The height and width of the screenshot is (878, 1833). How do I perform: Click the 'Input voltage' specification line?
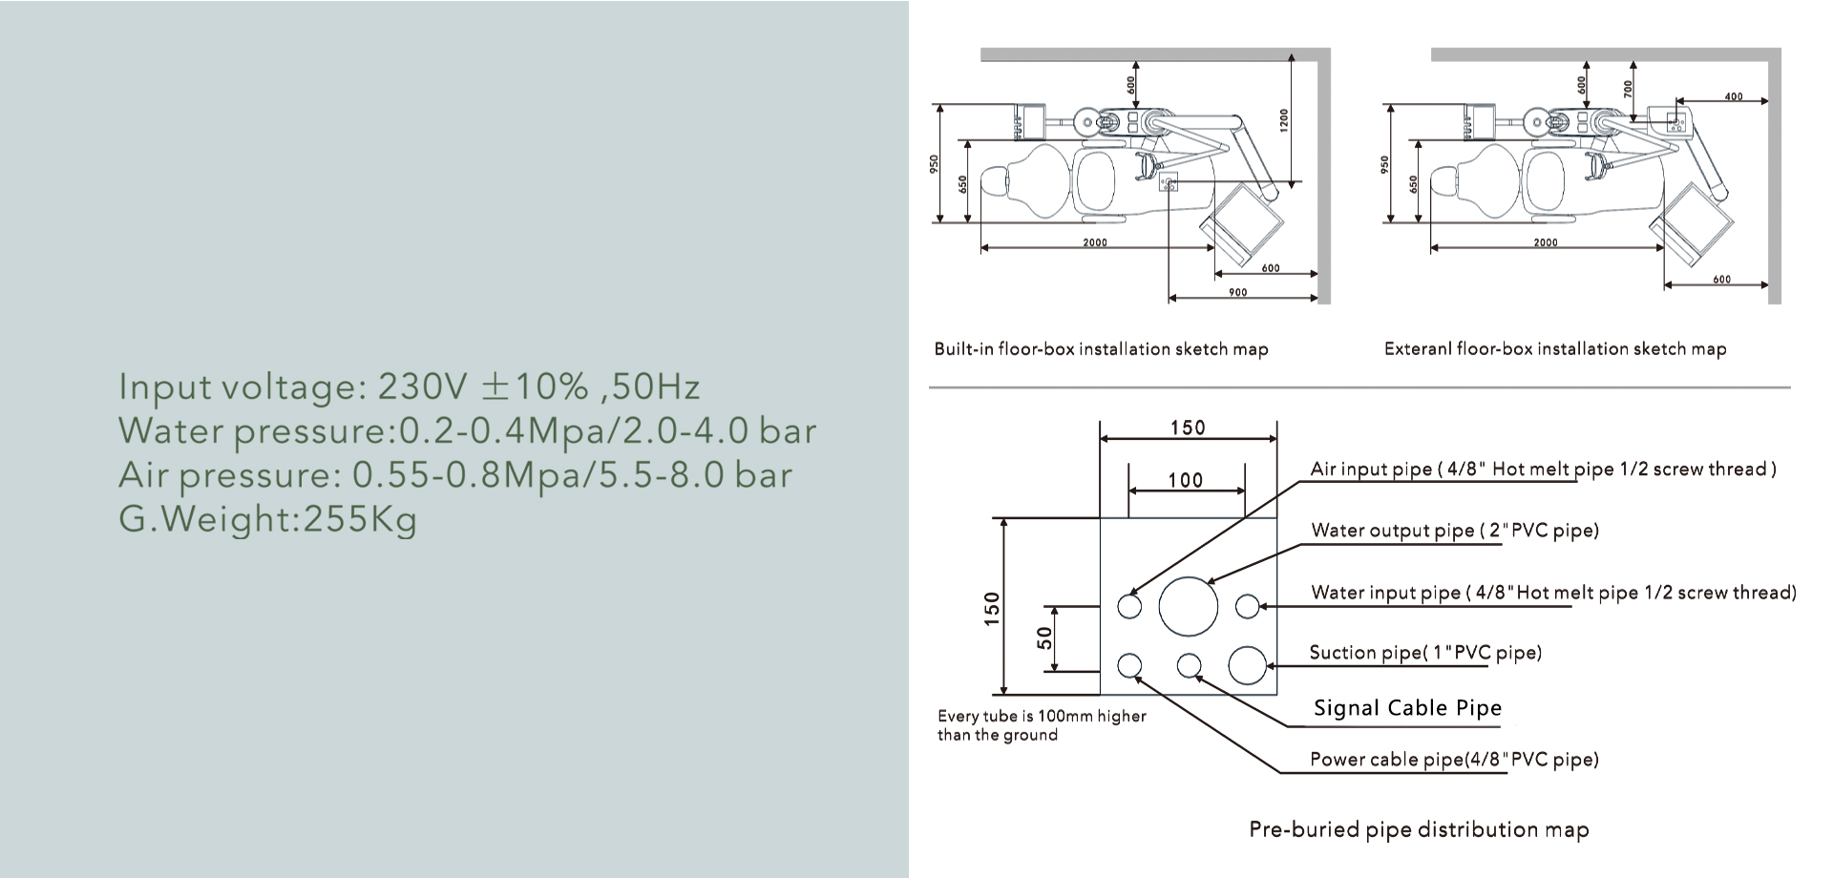pyautogui.click(x=410, y=387)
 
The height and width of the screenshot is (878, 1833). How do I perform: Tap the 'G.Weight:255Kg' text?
pyautogui.click(x=268, y=519)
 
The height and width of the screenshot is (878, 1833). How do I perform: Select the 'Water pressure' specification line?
pyautogui.click(x=468, y=430)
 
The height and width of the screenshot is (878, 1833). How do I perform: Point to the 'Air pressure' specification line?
pyautogui.click(x=455, y=474)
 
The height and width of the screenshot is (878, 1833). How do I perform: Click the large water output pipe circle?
pyautogui.click(x=1189, y=606)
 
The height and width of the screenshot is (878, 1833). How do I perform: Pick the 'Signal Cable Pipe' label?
pyautogui.click(x=1407, y=708)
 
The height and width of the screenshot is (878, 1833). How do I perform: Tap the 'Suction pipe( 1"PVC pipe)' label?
pyautogui.click(x=1425, y=653)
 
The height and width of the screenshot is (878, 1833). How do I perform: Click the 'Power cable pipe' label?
pyautogui.click(x=1454, y=760)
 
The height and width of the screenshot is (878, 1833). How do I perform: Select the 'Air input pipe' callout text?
pyautogui.click(x=1543, y=470)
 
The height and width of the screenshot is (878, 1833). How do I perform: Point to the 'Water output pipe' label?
pyautogui.click(x=1455, y=531)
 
